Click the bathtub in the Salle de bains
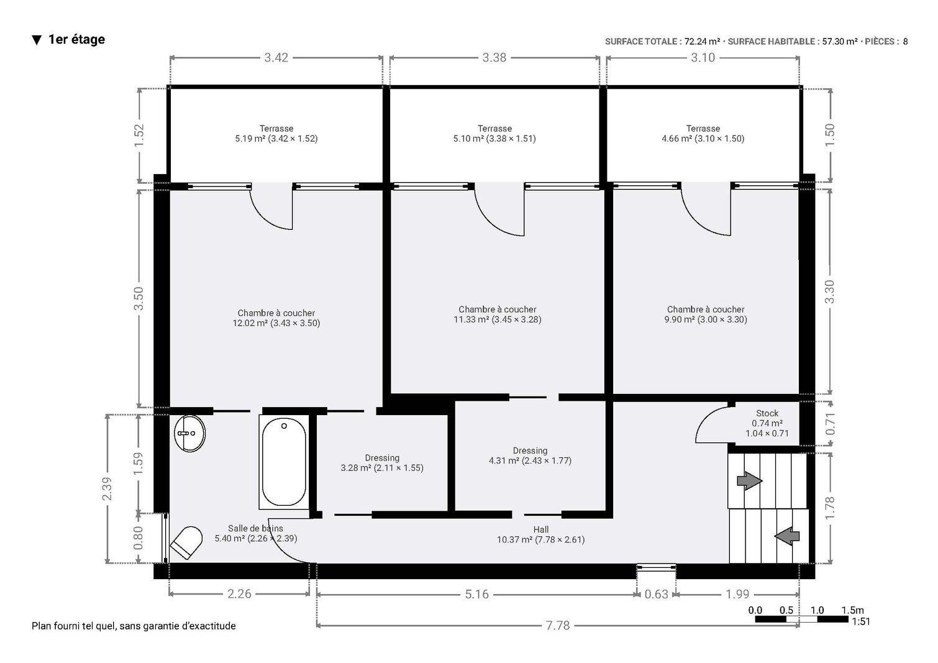coord(284,462)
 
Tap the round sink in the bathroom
coord(189,434)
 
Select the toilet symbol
coord(186,542)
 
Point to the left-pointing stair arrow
coord(786,536)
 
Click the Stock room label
coord(767,423)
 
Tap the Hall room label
coord(540,534)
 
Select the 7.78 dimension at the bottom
coord(558,625)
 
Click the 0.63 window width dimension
coord(656,594)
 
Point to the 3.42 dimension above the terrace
coord(276,57)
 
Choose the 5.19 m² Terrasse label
coord(276,134)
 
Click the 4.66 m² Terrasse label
coord(703,134)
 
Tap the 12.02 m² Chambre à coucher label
coord(276,318)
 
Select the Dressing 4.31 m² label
coord(530,455)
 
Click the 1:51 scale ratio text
coord(861,621)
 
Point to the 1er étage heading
coord(76,39)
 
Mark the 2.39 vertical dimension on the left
coord(107,489)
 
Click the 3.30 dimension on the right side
coord(829,292)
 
